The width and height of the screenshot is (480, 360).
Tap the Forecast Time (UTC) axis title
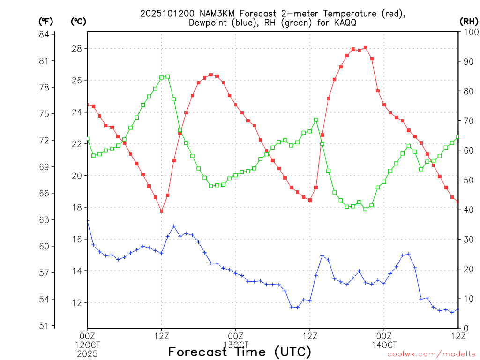(240, 352)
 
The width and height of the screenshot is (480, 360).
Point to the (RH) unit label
(468, 21)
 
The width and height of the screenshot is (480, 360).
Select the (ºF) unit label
(45, 21)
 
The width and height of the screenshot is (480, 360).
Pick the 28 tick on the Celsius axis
(77, 49)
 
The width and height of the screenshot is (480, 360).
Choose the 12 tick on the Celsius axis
(77, 303)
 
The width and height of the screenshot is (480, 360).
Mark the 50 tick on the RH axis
(467, 180)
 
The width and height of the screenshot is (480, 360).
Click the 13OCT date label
(235, 345)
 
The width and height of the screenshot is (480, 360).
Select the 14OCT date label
(384, 345)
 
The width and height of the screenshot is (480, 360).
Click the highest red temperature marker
(365, 48)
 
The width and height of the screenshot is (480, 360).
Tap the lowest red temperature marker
(161, 211)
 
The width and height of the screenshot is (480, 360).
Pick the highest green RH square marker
(167, 76)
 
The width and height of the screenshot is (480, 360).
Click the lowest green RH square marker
(365, 209)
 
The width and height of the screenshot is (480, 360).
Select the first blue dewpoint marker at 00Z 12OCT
(87, 221)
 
